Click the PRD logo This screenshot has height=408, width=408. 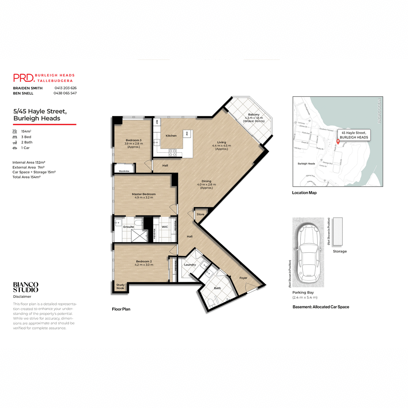coord(24,78)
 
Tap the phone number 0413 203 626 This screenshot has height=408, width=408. coord(65,88)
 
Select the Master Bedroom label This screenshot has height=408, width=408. coord(144,194)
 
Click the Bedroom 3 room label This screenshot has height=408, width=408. coord(133,140)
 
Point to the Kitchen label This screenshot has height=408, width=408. coord(171,136)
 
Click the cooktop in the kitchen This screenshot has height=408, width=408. coord(173,153)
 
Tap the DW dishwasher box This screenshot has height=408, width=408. coord(187,134)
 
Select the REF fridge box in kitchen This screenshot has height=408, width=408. coord(157,122)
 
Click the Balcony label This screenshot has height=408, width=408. coord(254,115)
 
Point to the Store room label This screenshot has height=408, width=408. coord(200,214)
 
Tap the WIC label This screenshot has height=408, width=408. coord(165,227)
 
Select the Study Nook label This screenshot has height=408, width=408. coord(120,287)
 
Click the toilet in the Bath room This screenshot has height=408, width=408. coord(211,302)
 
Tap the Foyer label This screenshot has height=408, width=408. coord(243,278)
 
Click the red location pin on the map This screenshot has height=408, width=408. coord(338,141)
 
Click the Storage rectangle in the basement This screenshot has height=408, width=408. coord(338,232)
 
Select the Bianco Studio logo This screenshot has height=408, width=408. coord(26,287)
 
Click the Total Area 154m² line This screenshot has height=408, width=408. coord(27,177)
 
